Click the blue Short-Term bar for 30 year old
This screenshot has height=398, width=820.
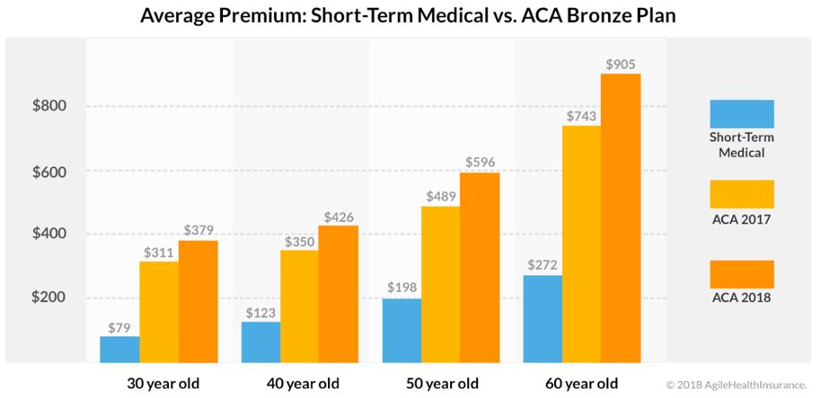119,349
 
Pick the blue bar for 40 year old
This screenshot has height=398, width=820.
260,342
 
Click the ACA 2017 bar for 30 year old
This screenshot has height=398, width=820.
159,312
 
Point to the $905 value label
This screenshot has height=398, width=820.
621,65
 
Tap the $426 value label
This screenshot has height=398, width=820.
338,216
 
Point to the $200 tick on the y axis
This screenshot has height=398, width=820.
48,298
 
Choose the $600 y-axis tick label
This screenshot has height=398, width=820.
48,171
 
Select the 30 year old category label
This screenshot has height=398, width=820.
162,384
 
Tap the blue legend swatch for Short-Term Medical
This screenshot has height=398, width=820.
741,113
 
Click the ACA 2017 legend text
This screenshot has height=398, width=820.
741,219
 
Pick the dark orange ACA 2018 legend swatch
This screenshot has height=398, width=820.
741,274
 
